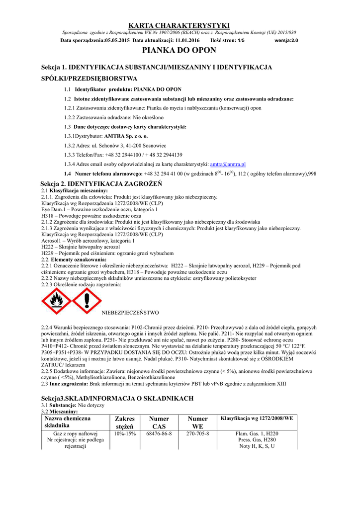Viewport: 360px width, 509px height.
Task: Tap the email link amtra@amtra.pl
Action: (x=228, y=164)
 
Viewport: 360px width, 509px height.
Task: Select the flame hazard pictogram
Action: (x=55, y=301)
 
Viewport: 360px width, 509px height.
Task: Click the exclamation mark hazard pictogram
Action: (x=87, y=301)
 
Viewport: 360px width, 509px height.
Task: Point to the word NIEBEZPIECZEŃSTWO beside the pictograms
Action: (x=130, y=313)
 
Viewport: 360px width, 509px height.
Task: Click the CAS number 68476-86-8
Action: (x=159, y=433)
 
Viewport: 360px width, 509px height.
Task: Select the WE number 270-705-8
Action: (x=197, y=433)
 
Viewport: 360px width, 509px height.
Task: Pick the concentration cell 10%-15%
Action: (x=125, y=433)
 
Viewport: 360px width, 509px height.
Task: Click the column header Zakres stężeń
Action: (x=125, y=423)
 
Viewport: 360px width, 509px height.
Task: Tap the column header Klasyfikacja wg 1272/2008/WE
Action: (x=257, y=419)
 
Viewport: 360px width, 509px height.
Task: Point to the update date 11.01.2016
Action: (x=187, y=40)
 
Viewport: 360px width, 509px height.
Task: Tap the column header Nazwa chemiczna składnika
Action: (x=64, y=423)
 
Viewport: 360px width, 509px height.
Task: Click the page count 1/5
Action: (x=241, y=40)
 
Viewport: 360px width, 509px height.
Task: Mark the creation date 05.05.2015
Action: (x=117, y=40)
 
